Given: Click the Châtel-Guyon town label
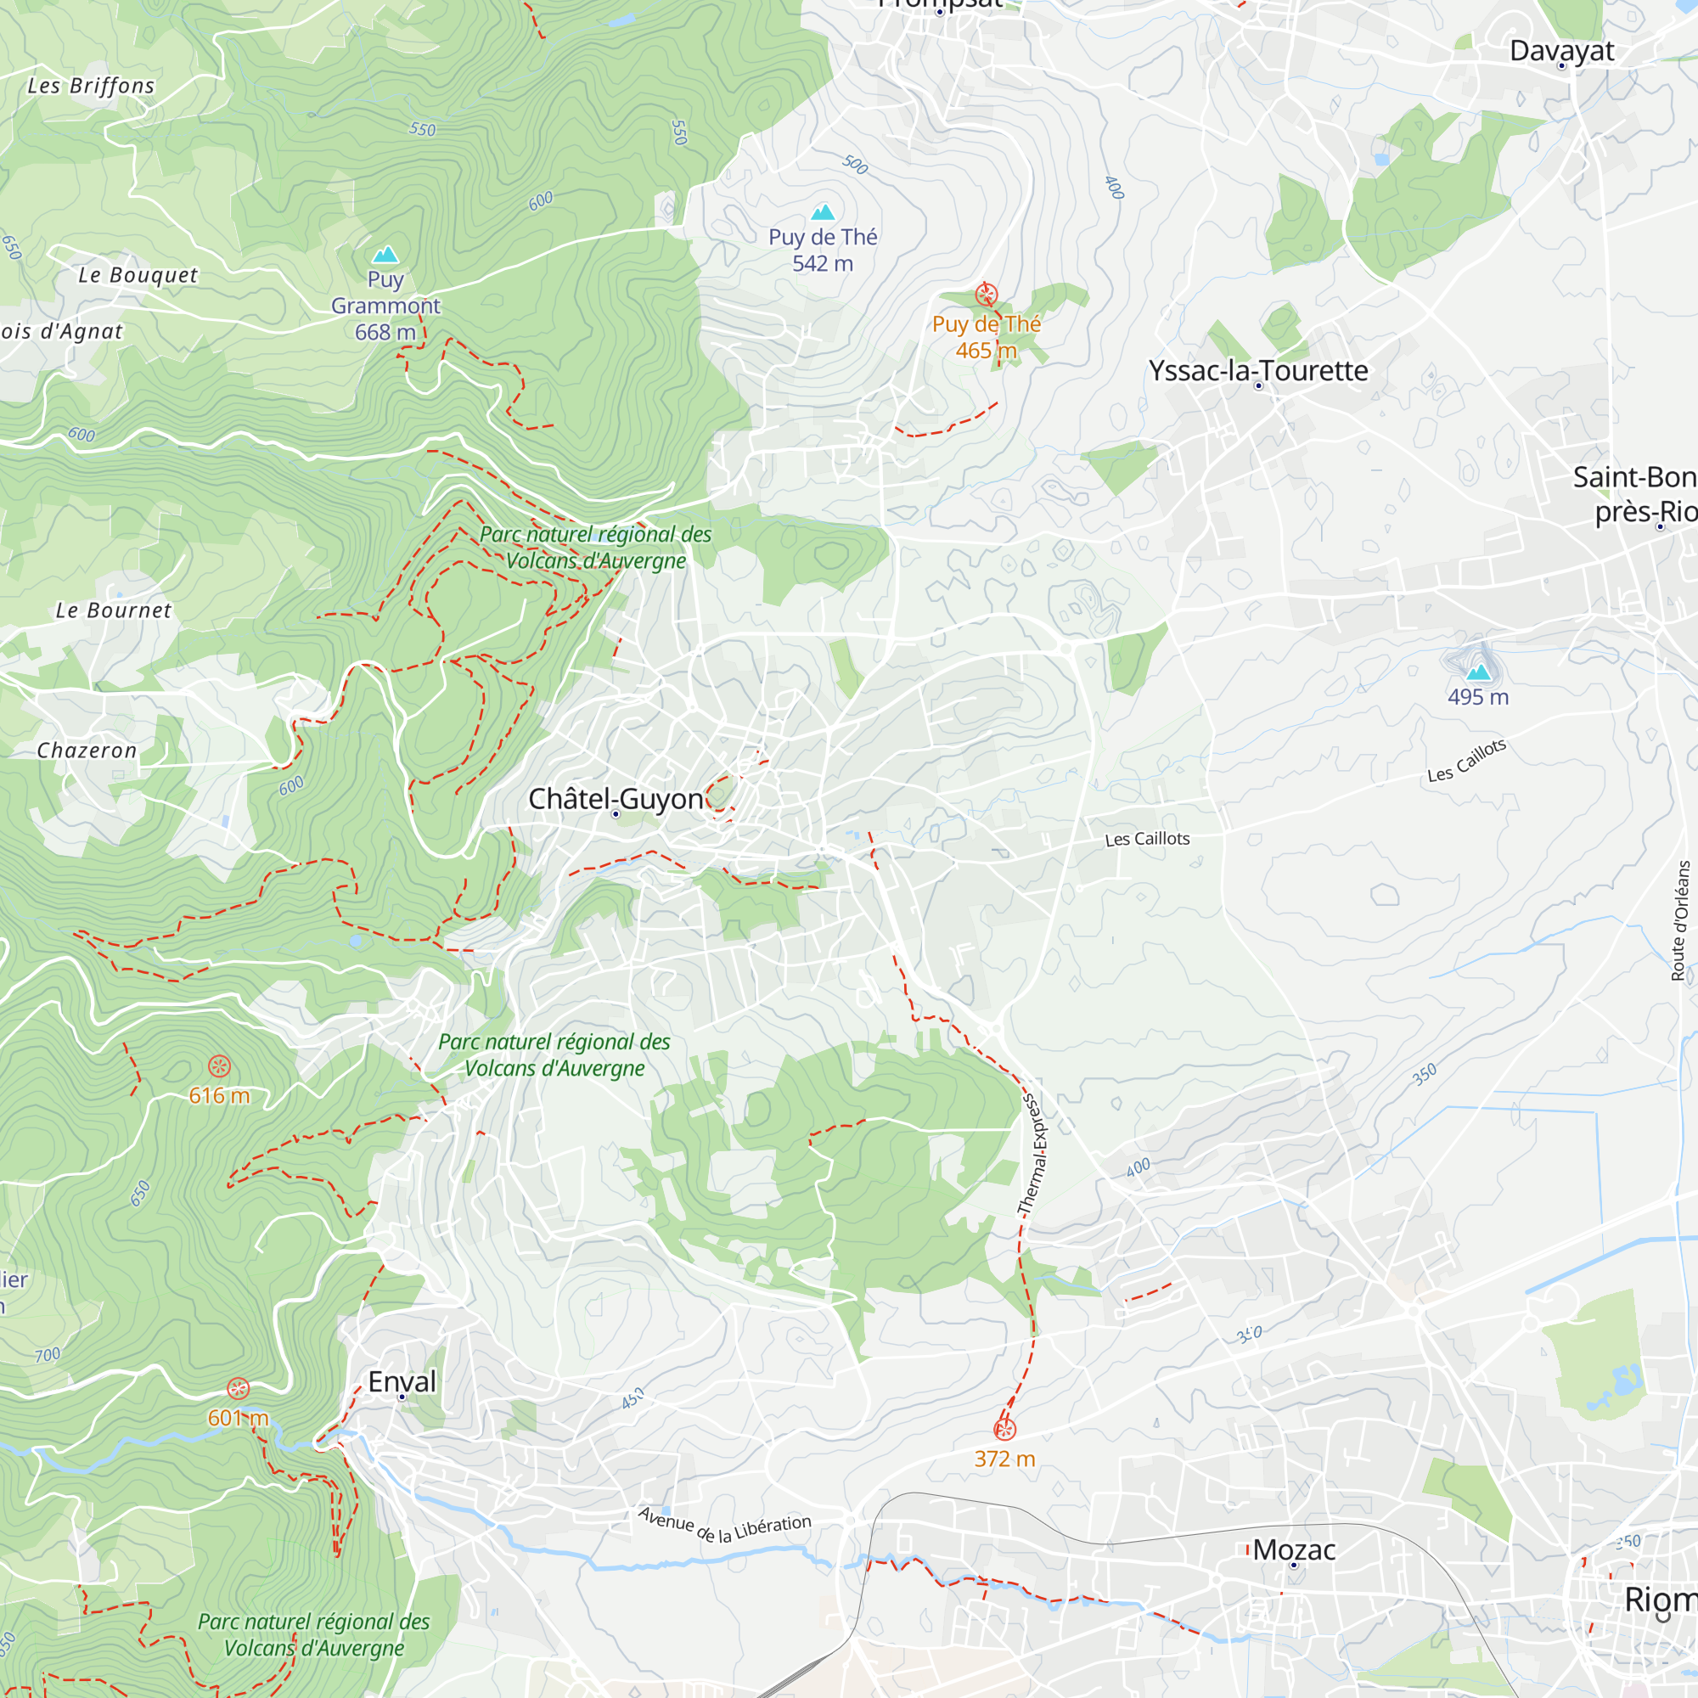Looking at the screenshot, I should [616, 799].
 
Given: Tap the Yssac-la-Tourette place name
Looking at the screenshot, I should [1257, 371].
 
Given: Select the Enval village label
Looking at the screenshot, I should [402, 1381].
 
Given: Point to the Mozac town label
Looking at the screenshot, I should [1294, 1549].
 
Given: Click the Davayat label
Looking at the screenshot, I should [1561, 51].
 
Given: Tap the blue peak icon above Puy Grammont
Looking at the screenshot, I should [385, 255].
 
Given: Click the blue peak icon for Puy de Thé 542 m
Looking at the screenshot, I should [823, 211].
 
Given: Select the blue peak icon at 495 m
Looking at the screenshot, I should [1478, 673].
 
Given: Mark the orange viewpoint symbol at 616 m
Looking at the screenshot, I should [220, 1067].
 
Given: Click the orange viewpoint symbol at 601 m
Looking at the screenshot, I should [239, 1389].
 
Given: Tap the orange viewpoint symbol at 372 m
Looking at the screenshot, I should [1004, 1429].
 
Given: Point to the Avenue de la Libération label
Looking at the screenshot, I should [724, 1526].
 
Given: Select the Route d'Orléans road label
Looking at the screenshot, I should [1679, 920].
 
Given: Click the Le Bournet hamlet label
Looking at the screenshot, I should [114, 610].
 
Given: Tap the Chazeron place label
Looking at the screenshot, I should [87, 751].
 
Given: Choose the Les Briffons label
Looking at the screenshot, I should [91, 86].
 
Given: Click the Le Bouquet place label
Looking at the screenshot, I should [138, 275].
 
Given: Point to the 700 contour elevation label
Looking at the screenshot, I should [48, 1355].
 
